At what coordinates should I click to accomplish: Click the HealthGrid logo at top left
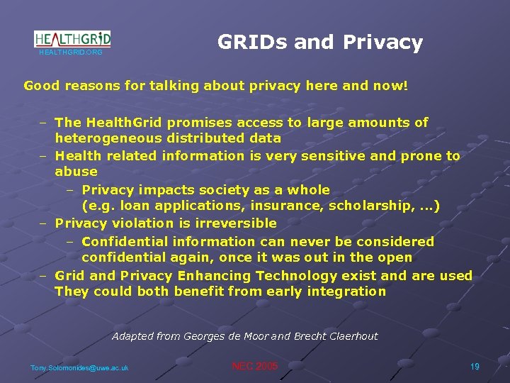[x=72, y=39]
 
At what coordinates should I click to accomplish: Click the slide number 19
[x=475, y=367]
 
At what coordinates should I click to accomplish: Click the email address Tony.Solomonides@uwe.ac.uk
[x=79, y=367]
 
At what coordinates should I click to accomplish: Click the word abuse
[x=76, y=172]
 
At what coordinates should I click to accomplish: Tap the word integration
[x=347, y=292]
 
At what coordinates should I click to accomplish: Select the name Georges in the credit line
[x=208, y=336]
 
